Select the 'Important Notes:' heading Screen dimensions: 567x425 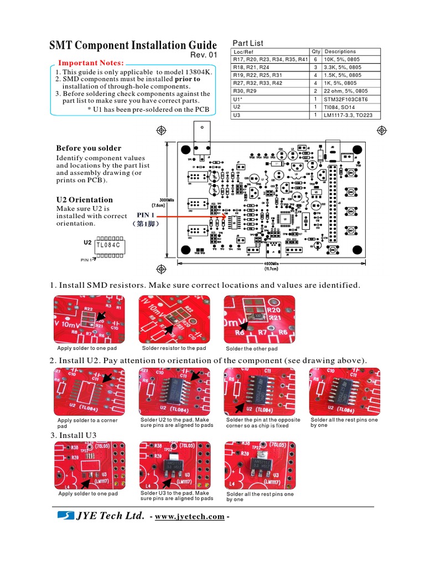coord(91,63)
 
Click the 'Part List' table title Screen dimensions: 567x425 coord(247,43)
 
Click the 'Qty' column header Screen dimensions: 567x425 coord(316,51)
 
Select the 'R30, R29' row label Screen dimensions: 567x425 coord(245,91)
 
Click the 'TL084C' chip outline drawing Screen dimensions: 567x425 coord(110,245)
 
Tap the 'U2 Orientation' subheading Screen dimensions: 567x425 coord(84,200)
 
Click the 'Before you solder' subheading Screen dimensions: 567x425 coord(89,148)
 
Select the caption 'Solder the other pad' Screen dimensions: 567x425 coord(252,349)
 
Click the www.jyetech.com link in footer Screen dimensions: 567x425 coord(190,517)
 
